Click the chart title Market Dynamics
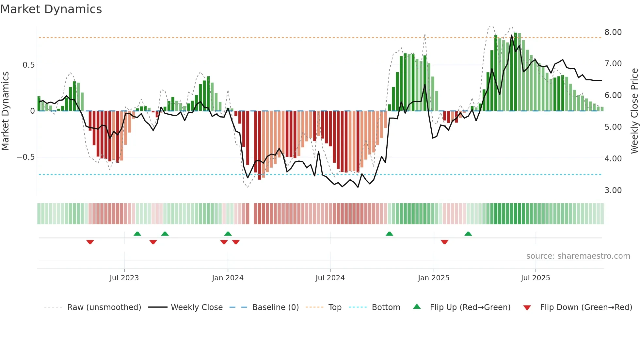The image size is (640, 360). click(51, 9)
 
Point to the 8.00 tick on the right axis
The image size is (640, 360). click(613, 32)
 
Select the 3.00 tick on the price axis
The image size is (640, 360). click(613, 190)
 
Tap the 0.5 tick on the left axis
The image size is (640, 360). click(28, 65)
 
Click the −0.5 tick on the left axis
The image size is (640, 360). click(25, 157)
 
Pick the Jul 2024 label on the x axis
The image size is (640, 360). click(330, 278)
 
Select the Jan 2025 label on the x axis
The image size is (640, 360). click(433, 278)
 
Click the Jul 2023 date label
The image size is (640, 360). click(124, 278)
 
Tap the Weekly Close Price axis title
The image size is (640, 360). click(634, 111)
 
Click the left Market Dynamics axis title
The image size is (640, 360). click(5, 111)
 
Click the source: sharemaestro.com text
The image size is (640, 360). click(578, 256)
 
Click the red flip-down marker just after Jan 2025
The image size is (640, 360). click(444, 242)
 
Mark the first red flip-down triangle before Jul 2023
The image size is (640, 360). click(90, 242)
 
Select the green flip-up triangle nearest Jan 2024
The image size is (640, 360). click(228, 234)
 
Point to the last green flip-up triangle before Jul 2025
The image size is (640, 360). click(468, 234)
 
